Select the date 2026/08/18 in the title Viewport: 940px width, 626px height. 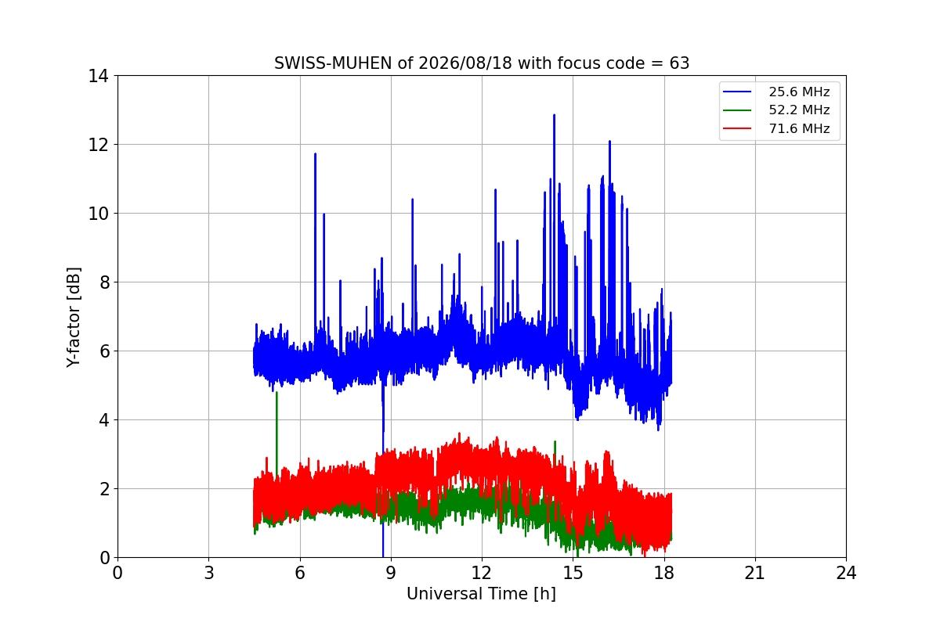coord(465,63)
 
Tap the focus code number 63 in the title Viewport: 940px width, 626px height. coord(679,63)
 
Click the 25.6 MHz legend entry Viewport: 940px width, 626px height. coord(776,92)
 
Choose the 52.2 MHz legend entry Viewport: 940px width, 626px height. coord(776,110)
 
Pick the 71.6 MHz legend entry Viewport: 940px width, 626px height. coord(776,128)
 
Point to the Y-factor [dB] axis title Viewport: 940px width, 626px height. coord(74,318)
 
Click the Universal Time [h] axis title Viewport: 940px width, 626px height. coord(481,594)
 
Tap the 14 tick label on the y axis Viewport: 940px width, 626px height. coord(98,77)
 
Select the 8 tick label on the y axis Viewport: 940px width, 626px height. coord(104,283)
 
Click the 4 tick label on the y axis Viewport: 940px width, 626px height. coord(104,420)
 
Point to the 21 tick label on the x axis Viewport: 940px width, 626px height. coord(755,573)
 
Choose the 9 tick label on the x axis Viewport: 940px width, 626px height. coord(391,573)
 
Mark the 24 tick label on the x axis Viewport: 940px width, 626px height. coord(846,573)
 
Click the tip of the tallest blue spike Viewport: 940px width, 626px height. coord(555,115)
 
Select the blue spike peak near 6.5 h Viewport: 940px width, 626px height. coord(315,154)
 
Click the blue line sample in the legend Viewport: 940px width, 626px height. coord(737,92)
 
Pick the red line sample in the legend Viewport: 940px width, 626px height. coord(737,128)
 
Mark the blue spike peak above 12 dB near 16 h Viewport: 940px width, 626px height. coord(609,142)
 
